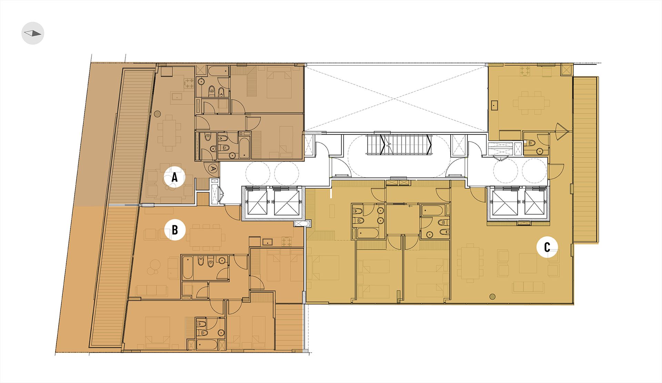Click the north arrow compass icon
tap(33, 33)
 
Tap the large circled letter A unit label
tap(174, 177)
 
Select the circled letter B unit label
tap(175, 230)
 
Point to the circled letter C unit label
tap(547, 247)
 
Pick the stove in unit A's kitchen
tap(189, 83)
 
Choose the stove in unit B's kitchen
tap(286, 241)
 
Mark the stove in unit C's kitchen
tap(525, 71)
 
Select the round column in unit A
tap(157, 113)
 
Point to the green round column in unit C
tap(492, 296)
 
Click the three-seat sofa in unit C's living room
tap(528, 287)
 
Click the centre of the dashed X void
tap(396, 98)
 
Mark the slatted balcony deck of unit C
tap(585, 160)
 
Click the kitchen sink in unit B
tap(268, 242)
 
